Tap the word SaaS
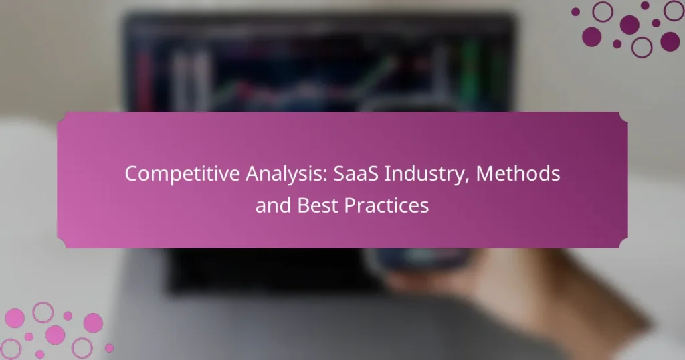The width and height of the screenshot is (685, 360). (x=343, y=173)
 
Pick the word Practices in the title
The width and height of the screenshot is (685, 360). (x=387, y=205)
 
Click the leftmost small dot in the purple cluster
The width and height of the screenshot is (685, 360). (x=575, y=11)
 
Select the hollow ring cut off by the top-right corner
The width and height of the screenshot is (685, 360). (x=674, y=10)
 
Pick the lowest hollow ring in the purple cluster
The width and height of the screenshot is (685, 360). (x=642, y=47)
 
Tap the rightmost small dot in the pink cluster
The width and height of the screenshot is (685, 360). (x=109, y=347)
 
